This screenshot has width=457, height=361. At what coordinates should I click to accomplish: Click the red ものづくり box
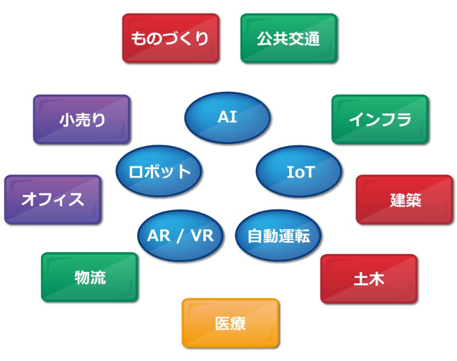170,38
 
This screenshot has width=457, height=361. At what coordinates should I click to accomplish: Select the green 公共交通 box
288,38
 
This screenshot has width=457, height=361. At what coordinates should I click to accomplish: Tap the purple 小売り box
82,119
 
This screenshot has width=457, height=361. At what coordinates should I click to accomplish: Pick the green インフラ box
380,119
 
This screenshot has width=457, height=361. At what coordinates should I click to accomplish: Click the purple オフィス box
53,199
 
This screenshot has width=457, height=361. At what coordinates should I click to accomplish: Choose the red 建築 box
404,199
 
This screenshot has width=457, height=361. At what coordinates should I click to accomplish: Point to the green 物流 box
90,277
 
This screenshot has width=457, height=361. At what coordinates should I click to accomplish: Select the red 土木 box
368,279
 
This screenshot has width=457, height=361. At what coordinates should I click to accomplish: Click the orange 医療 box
231,323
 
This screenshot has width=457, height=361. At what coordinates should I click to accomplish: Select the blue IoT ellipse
299,171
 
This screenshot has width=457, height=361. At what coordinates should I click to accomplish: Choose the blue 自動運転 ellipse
279,235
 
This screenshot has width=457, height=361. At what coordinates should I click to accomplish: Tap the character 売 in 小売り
82,119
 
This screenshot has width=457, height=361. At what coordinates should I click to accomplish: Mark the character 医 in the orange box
223,324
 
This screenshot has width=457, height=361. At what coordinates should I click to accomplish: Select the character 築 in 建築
413,200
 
